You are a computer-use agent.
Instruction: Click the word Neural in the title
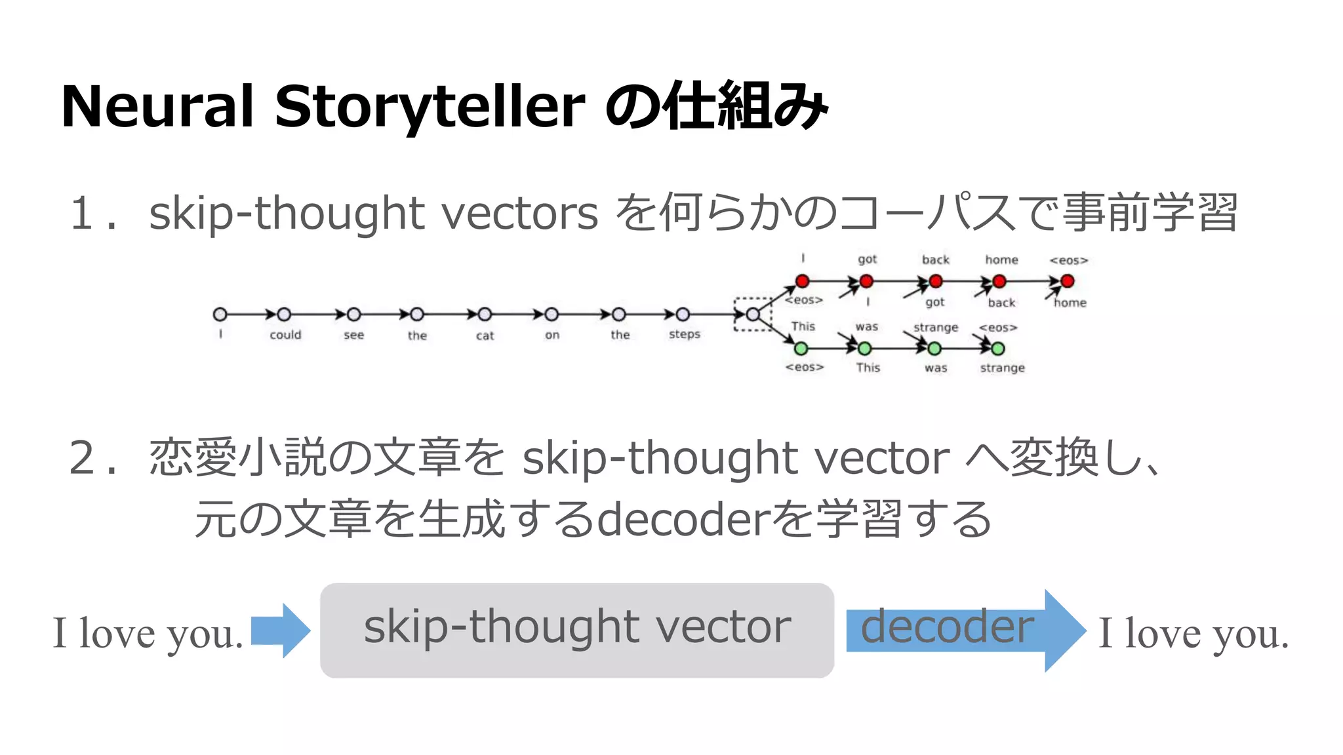[x=157, y=107]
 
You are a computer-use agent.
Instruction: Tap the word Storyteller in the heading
[x=430, y=107]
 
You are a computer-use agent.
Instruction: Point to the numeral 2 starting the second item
[x=83, y=457]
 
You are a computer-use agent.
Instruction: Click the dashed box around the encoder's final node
[x=753, y=315]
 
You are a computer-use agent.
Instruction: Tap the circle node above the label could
[x=284, y=315]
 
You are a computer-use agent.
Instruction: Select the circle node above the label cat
[x=485, y=315]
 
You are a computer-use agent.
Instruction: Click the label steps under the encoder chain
[x=685, y=334]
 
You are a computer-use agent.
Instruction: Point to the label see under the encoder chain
[x=353, y=336]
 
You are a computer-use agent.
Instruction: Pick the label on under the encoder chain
[x=552, y=336]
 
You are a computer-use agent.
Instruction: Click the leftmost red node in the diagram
[x=802, y=281]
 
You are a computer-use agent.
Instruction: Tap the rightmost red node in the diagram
[x=1068, y=281]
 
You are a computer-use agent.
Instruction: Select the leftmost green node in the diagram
[x=801, y=348]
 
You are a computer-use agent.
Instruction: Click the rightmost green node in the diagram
[x=998, y=349]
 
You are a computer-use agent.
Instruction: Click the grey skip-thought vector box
[x=576, y=630]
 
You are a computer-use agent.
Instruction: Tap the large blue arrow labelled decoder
[x=964, y=630]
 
